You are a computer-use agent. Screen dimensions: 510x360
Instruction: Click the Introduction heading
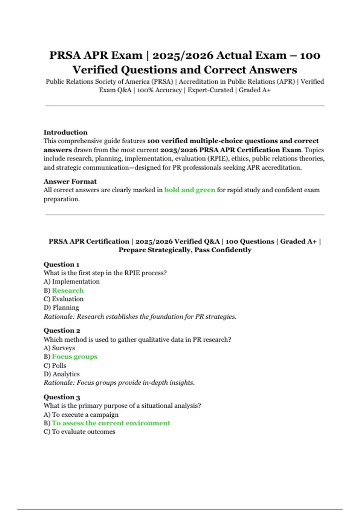tap(65, 132)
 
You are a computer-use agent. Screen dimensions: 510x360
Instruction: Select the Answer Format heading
tap(70, 181)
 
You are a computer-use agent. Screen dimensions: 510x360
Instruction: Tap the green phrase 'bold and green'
tap(190, 190)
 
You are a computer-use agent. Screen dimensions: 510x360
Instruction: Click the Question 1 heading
tap(61, 264)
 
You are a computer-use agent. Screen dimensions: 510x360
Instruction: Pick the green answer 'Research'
tap(68, 290)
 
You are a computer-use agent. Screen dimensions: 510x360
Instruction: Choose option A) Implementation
tap(71, 281)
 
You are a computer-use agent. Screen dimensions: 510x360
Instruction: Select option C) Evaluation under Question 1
tap(64, 299)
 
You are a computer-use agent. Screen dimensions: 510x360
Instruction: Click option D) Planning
tap(61, 307)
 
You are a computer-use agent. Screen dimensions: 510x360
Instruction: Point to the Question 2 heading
tap(62, 331)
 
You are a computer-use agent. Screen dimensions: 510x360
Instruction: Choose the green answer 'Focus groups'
tap(75, 357)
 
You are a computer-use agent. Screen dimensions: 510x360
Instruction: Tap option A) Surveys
tap(59, 348)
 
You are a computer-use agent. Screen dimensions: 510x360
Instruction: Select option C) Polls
tap(55, 365)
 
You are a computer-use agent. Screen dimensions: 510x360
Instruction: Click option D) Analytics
tap(61, 374)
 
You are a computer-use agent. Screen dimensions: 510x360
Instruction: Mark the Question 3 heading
tap(62, 397)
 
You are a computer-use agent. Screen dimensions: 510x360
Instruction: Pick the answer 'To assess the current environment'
tap(111, 423)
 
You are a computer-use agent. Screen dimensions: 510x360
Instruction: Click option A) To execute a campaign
tap(81, 415)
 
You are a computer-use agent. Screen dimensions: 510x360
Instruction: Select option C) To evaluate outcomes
tap(79, 432)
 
